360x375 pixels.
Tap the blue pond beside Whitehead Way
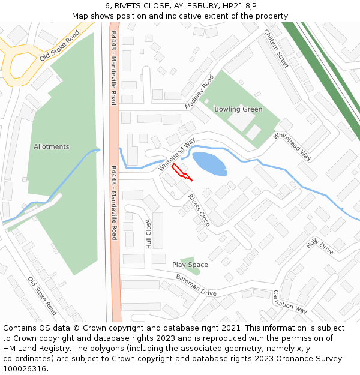209,164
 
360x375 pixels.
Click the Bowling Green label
238,109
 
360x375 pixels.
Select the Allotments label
52,146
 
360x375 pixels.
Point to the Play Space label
190,265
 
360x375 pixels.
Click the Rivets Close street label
199,210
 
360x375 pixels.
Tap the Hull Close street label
148,233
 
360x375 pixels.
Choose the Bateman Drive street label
196,285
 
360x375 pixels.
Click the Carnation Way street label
290,302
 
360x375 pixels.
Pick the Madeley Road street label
199,92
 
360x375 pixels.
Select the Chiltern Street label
276,49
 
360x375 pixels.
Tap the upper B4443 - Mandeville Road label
113,66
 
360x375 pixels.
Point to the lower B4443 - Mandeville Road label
113,203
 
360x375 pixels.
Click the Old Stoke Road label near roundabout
59,46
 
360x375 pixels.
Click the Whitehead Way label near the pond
177,155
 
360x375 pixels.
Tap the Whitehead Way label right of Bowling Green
292,146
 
